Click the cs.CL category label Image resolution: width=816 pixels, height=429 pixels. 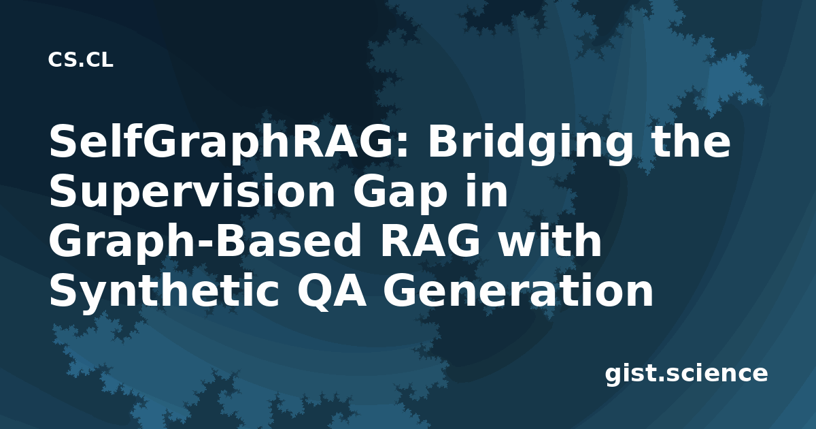(80, 60)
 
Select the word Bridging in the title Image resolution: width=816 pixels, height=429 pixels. (530, 145)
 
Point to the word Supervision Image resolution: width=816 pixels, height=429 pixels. (192, 192)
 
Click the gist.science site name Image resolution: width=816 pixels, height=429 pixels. (686, 375)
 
